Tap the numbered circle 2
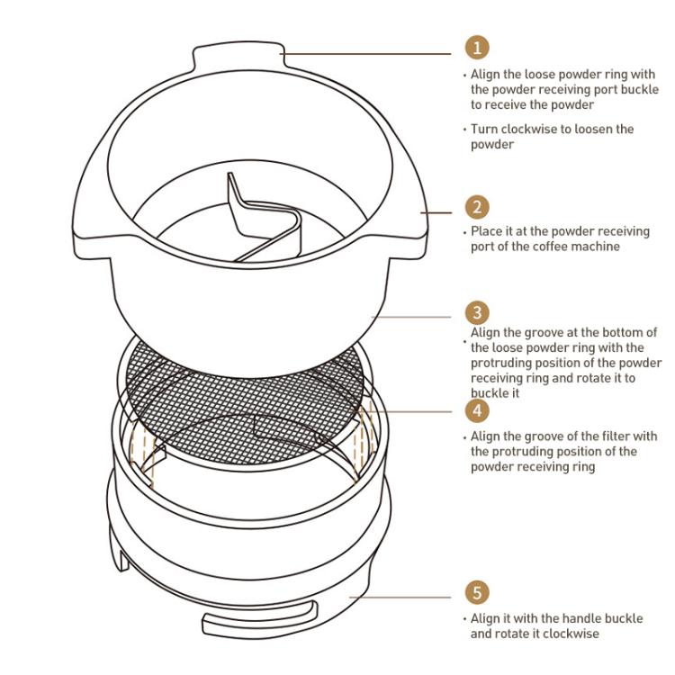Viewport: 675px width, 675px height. (477, 206)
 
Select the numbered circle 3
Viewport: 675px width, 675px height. (477, 313)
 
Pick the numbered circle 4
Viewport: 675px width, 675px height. (477, 410)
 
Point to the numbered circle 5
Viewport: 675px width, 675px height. (477, 592)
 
